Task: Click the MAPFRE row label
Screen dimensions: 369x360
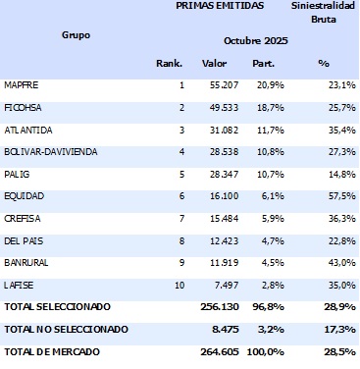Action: click(x=21, y=85)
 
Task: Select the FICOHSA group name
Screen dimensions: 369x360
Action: click(x=23, y=107)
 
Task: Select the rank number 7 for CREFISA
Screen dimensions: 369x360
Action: click(x=180, y=219)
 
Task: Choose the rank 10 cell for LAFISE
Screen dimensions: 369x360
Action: click(x=178, y=286)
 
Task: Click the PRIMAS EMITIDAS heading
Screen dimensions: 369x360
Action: click(x=214, y=6)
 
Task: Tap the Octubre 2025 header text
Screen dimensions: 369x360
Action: click(x=257, y=41)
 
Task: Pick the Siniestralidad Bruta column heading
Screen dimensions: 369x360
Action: click(x=324, y=12)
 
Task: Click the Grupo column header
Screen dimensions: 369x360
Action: click(x=76, y=34)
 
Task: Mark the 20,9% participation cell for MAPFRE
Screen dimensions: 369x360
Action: click(x=262, y=85)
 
